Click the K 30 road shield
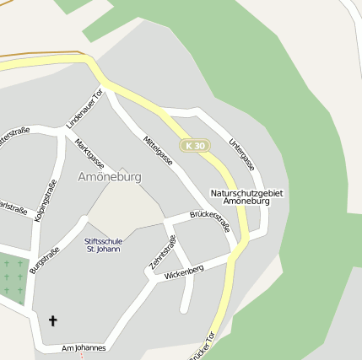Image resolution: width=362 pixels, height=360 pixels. [x=194, y=146]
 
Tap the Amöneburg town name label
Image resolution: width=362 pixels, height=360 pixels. [x=110, y=177]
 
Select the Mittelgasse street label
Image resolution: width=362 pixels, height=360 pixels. [x=159, y=150]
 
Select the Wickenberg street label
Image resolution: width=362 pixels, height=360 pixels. [x=185, y=273]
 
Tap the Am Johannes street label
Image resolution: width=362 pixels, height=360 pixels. [x=84, y=347]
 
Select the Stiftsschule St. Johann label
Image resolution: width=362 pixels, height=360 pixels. [x=103, y=244]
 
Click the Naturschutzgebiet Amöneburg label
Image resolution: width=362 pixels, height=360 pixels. [x=246, y=197]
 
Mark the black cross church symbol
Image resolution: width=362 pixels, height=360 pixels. [x=53, y=320]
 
